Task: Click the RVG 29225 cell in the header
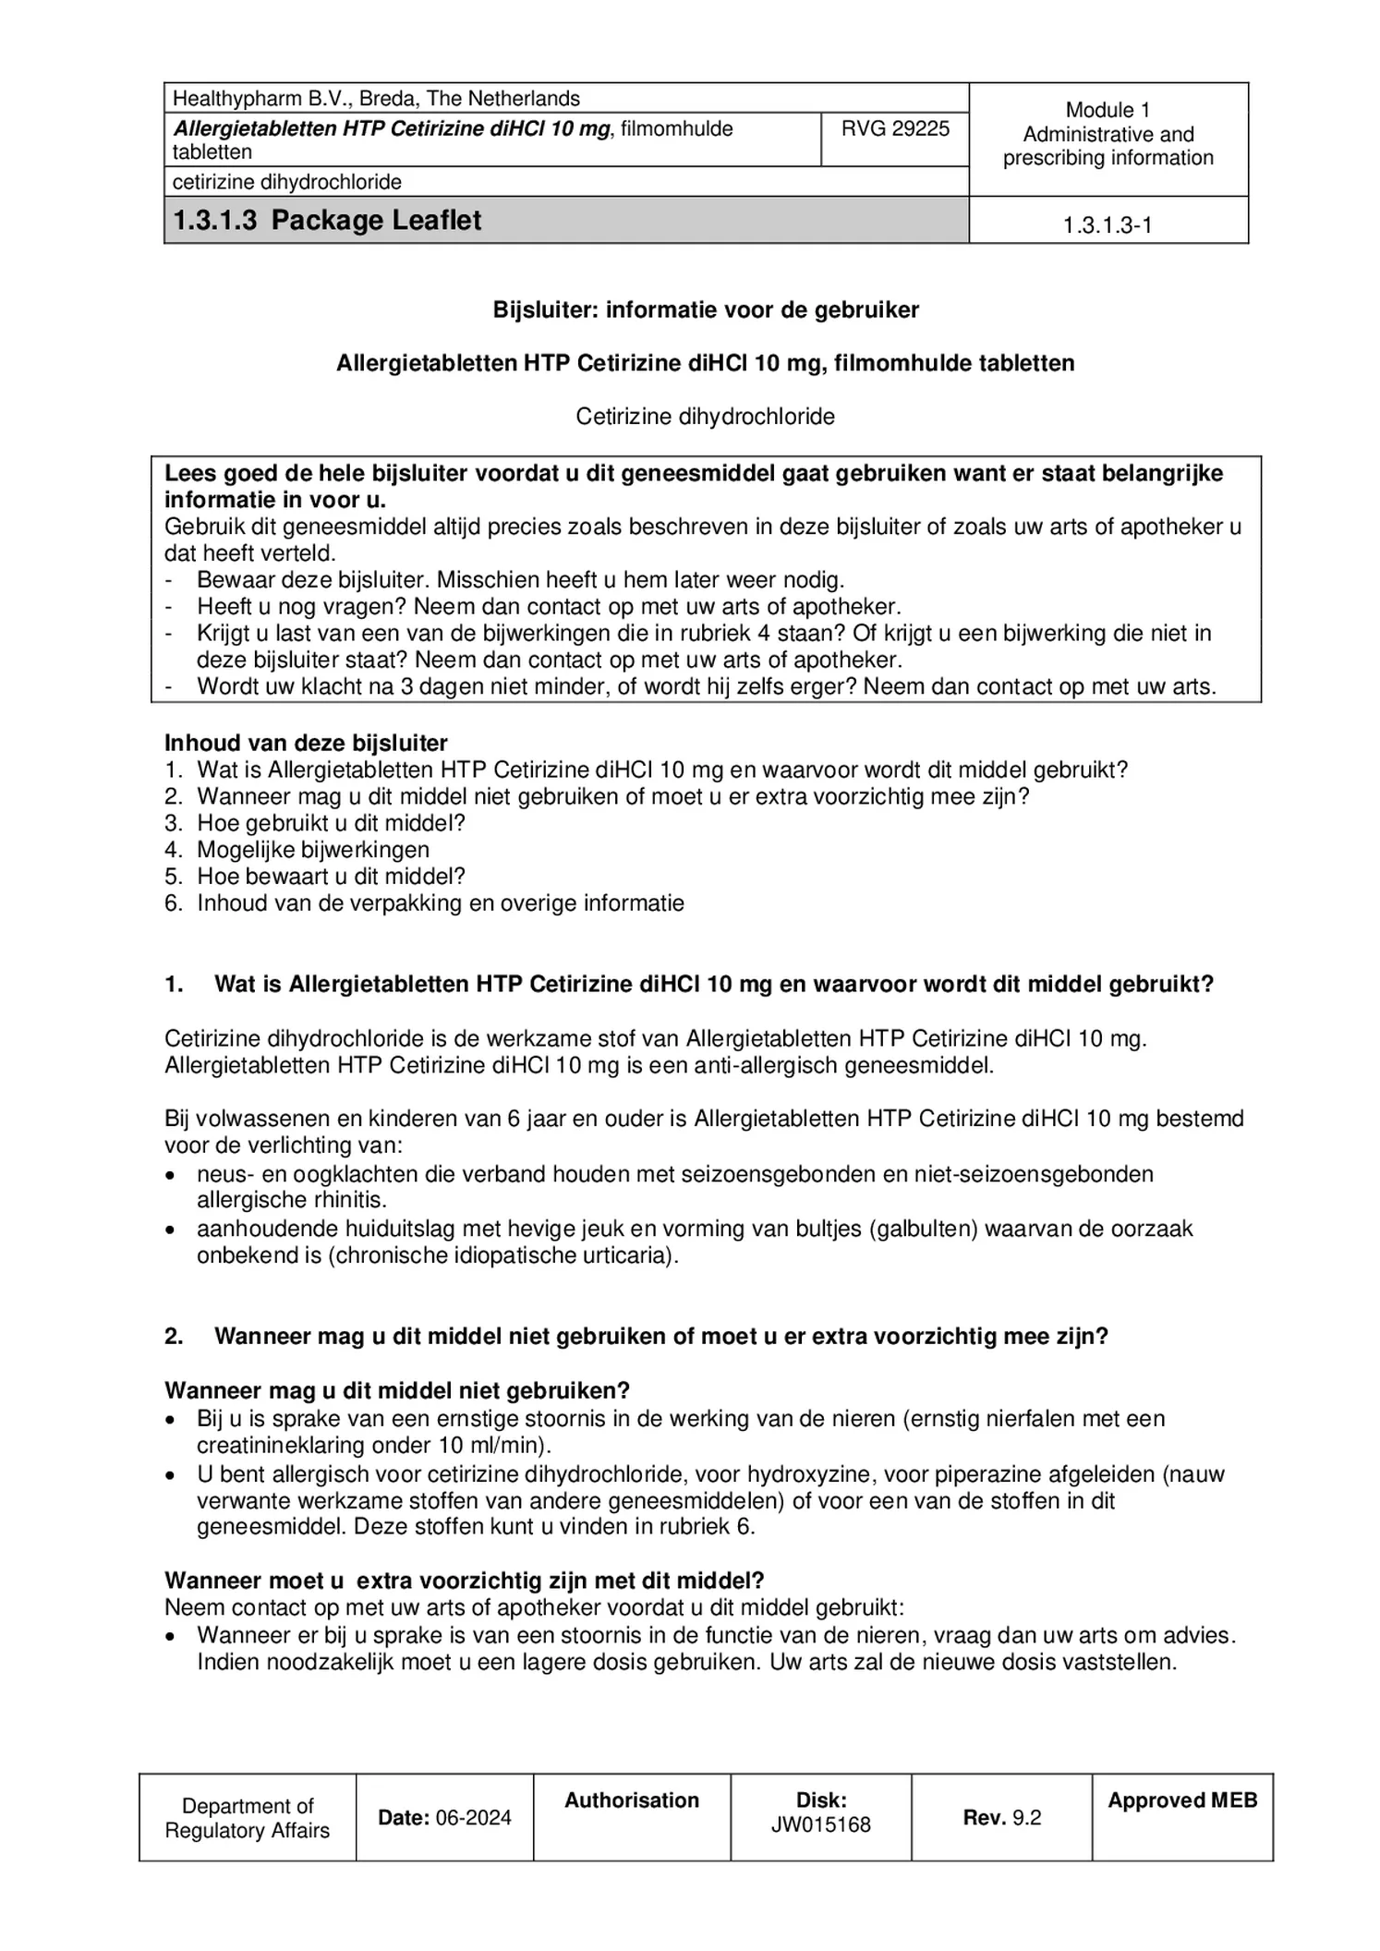894,129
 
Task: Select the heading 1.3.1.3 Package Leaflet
327,221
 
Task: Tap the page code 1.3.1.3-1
1107,225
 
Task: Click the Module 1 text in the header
1107,110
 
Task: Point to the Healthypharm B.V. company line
376,99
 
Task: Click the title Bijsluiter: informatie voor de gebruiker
706,310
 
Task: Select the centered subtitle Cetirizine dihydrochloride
705,418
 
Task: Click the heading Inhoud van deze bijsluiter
306,744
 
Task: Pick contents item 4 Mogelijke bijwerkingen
312,850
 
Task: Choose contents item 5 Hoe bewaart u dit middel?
330,877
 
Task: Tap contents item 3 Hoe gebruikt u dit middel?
330,823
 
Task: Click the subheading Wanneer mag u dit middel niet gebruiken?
397,1391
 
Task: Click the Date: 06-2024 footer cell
444,1818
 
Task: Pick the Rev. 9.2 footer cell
1001,1818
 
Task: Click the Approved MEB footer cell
1181,1800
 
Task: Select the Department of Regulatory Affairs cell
247,1818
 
